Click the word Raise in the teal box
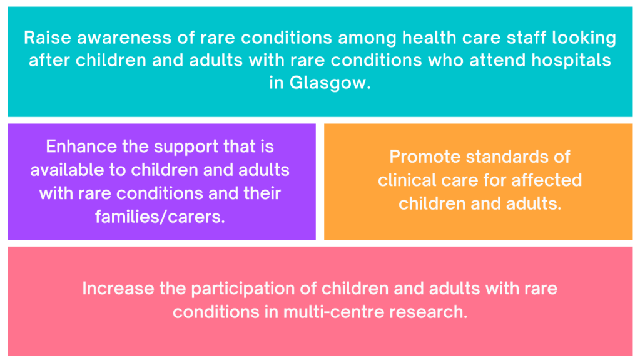[48, 38]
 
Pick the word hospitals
[571, 61]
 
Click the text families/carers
[160, 216]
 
